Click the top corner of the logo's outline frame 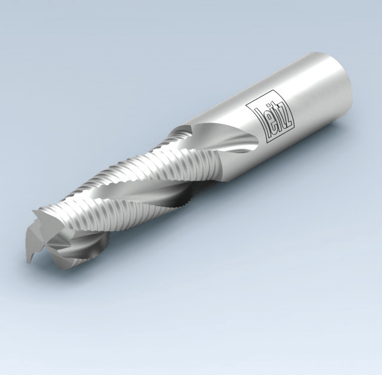(246, 101)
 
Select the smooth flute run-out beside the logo (230, 139)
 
